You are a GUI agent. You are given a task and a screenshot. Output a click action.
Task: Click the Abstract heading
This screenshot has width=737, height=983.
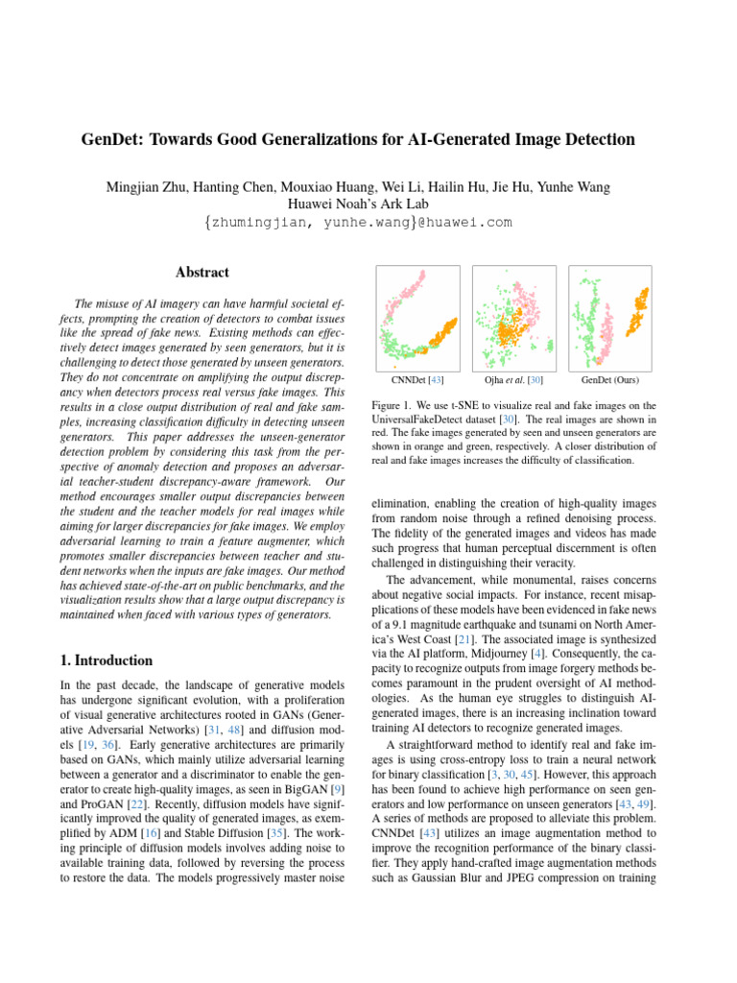[202, 273]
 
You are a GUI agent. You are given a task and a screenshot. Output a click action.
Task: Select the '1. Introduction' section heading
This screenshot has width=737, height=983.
[101, 660]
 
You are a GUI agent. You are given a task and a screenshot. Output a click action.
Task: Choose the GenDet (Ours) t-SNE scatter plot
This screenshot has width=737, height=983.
[610, 316]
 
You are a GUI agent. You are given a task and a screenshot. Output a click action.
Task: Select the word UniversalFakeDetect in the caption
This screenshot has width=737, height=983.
[418, 420]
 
